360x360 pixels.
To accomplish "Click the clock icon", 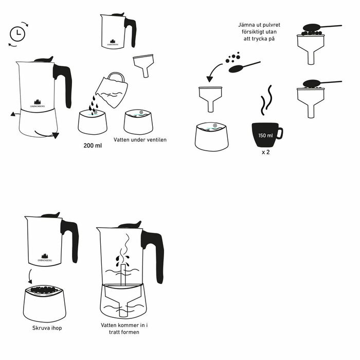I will pyautogui.click(x=18, y=33).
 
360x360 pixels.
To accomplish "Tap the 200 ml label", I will pyautogui.click(x=93, y=146).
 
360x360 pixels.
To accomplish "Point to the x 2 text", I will pyautogui.click(x=265, y=153).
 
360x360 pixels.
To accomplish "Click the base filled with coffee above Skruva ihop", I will pyautogui.click(x=45, y=303).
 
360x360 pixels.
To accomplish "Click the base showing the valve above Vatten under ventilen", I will pyautogui.click(x=138, y=122).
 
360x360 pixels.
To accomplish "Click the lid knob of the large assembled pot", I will pyautogui.click(x=44, y=59).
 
